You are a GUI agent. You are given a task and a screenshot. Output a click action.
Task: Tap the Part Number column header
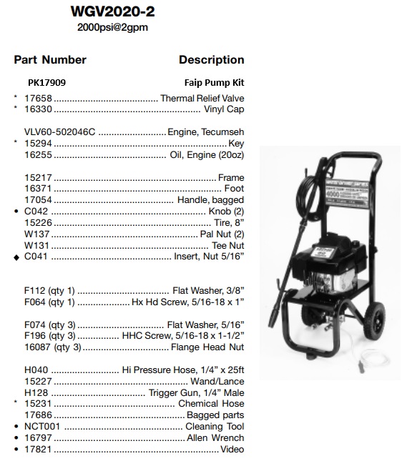coord(51,60)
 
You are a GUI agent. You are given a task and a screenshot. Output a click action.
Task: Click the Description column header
coord(211,60)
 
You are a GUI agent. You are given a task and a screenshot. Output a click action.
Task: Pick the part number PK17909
coord(47,83)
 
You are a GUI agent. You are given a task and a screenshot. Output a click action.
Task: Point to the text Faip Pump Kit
coord(214,83)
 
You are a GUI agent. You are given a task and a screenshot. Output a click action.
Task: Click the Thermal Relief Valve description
coord(202,98)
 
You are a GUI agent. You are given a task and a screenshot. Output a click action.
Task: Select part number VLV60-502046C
coord(59,132)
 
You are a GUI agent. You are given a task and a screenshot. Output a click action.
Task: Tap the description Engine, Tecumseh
coord(205,132)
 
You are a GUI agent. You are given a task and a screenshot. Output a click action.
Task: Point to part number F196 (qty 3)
coord(49,336)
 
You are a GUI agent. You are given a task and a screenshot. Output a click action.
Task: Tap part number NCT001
coord(41,427)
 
